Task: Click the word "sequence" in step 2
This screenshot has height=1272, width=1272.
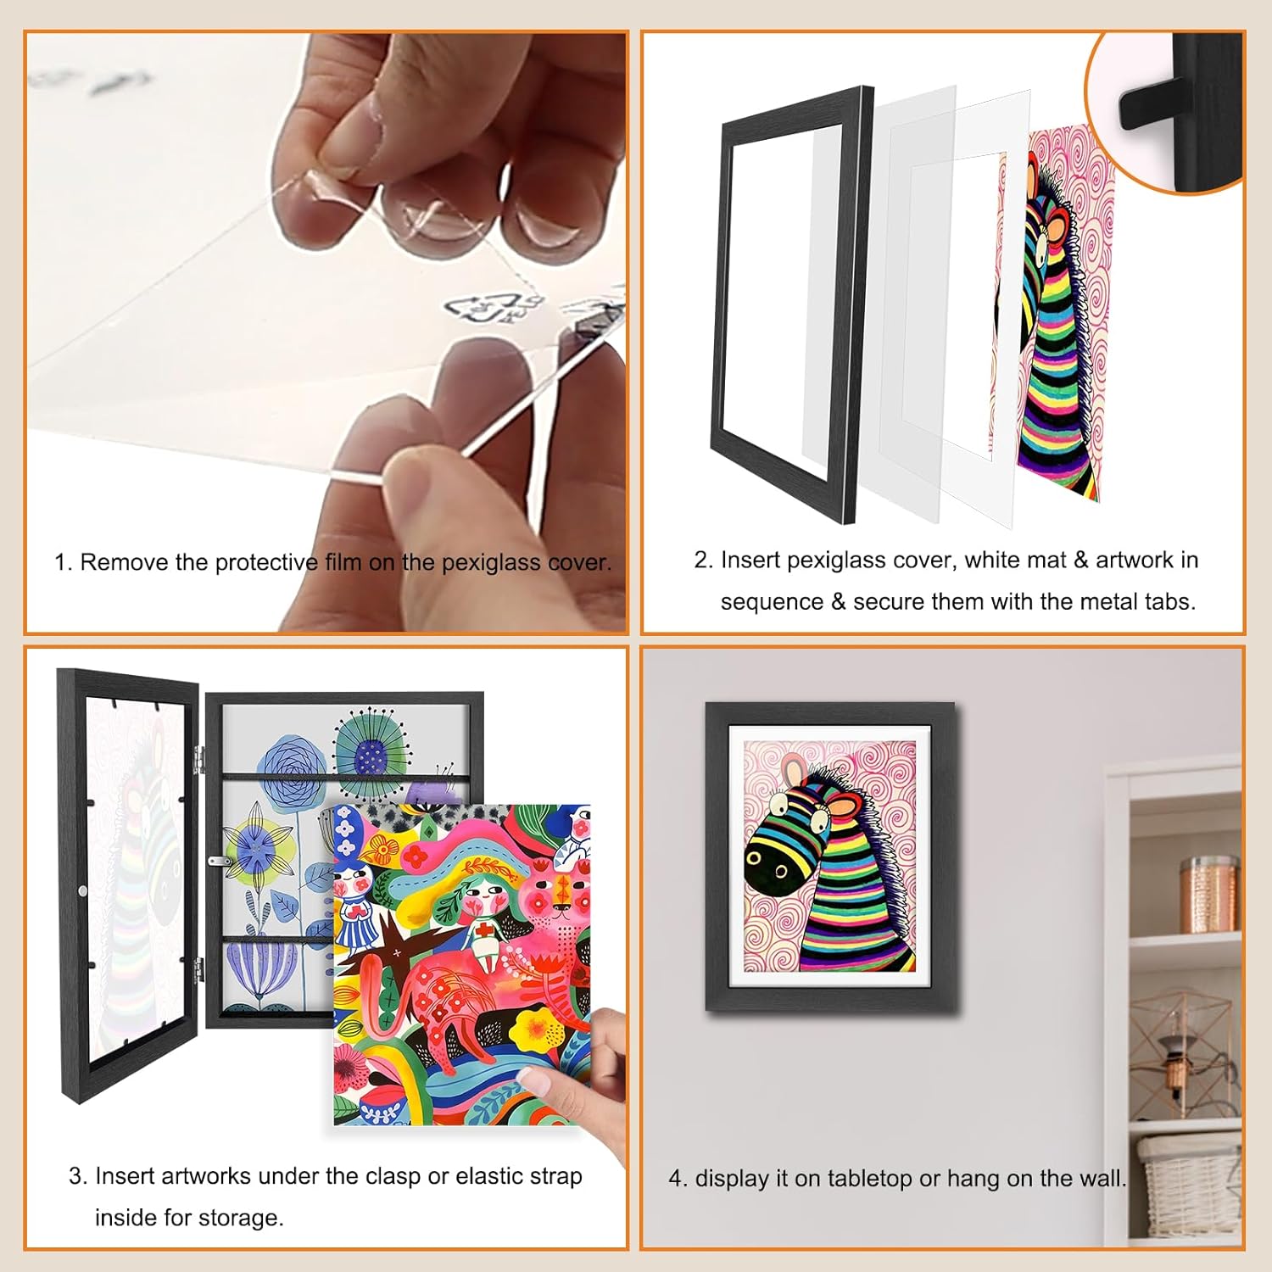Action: [772, 602]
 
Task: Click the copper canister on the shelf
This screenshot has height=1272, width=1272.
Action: [1209, 894]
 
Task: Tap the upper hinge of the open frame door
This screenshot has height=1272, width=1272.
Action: [198, 758]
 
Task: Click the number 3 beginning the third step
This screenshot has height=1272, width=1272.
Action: [75, 1176]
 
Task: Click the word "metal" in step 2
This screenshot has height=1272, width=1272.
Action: [1106, 602]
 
